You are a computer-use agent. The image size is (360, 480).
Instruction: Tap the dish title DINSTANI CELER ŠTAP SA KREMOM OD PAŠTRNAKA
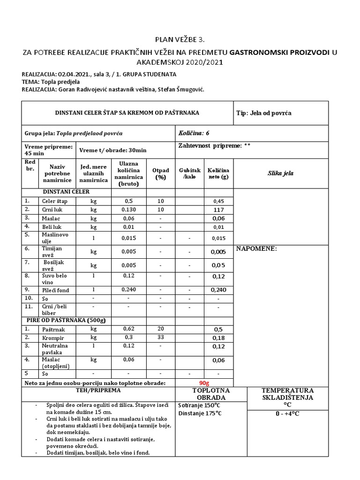[x=127, y=112]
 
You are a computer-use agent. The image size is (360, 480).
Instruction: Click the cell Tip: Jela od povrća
[x=264, y=113]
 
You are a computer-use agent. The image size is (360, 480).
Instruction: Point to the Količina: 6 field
[x=194, y=133]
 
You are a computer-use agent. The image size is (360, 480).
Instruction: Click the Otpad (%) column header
[x=160, y=173]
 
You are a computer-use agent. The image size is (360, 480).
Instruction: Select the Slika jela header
[x=280, y=173]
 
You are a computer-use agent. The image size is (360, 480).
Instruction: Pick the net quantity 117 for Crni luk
[x=218, y=210]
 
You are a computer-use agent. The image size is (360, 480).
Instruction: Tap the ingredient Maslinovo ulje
[x=52, y=238]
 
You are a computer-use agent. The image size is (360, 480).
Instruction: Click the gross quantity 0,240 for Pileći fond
[x=128, y=290]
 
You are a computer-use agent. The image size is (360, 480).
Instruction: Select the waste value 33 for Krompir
[x=160, y=337]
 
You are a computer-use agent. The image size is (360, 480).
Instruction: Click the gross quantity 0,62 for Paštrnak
[x=128, y=329]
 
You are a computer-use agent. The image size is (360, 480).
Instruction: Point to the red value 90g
[x=204, y=383]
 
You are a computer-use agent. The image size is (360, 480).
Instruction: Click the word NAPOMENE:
[x=256, y=249]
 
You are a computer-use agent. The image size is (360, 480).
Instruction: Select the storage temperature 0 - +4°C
[x=287, y=414]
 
